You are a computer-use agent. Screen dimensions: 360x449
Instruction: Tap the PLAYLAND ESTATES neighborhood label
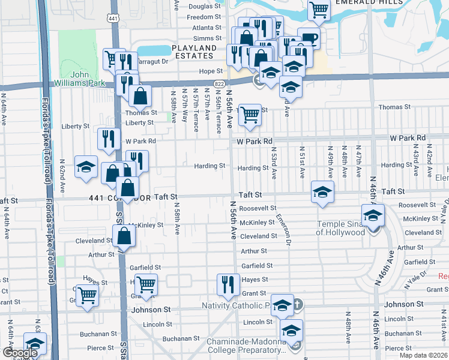[x=194, y=52]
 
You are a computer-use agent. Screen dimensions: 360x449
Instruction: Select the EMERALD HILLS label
[x=363, y=2]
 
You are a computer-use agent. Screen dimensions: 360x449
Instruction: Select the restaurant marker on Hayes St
[x=227, y=284]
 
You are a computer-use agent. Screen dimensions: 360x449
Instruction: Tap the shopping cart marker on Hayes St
[x=146, y=284]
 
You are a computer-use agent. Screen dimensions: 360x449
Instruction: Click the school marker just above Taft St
[x=322, y=193]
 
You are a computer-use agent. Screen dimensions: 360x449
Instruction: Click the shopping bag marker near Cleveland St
[x=124, y=235]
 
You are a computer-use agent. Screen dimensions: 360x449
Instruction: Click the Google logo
[x=20, y=353]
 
